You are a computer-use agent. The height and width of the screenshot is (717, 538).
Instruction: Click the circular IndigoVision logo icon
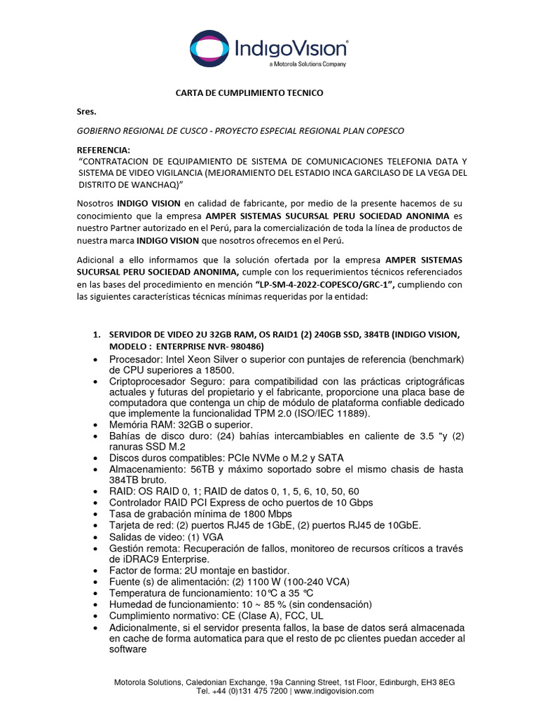tap(210, 49)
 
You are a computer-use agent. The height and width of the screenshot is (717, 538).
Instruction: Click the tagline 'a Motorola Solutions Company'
tap(307, 64)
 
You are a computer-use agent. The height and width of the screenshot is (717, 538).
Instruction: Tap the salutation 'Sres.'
tap(86, 111)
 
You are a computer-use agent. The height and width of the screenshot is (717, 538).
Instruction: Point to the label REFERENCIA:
tap(103, 150)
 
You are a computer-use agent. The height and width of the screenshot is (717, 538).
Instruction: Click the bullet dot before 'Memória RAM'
tap(95, 425)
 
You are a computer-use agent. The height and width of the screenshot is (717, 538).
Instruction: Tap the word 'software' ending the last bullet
tap(127, 649)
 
